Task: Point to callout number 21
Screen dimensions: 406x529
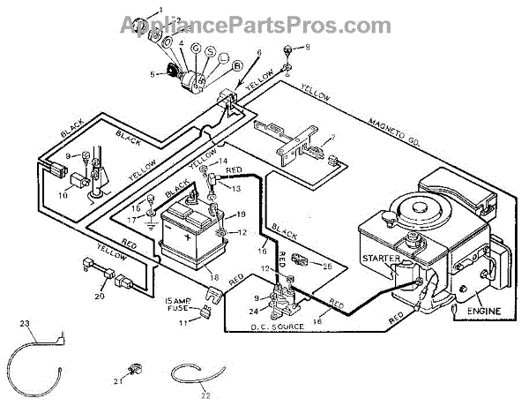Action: click(x=116, y=380)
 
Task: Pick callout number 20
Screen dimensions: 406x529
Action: click(x=99, y=297)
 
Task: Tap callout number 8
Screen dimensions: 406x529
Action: click(x=308, y=48)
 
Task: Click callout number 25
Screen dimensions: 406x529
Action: click(x=328, y=265)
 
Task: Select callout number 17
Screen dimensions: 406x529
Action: click(x=132, y=219)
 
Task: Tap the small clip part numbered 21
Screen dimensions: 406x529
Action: click(x=134, y=368)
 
